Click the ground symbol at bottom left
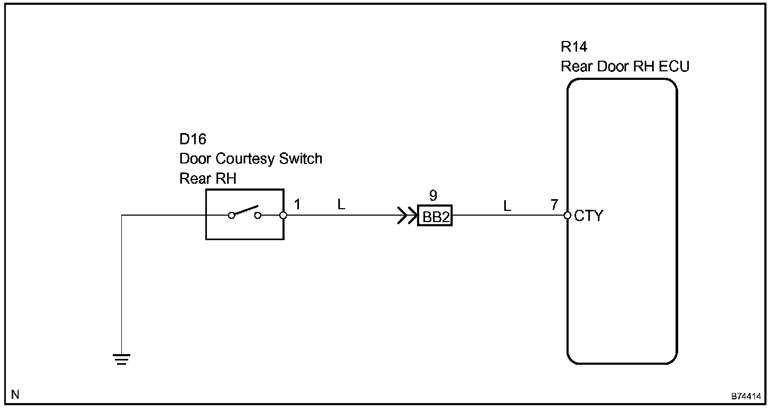click(x=122, y=359)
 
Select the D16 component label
click(x=193, y=140)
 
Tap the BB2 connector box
click(x=435, y=216)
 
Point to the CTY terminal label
click(x=589, y=216)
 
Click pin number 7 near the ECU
click(x=554, y=204)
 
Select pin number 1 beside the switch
click(x=297, y=204)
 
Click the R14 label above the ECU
click(x=574, y=47)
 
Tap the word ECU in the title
click(x=674, y=67)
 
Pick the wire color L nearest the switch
click(x=341, y=204)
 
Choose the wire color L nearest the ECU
click(x=507, y=206)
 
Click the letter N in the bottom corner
click(x=15, y=395)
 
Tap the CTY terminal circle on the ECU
click(x=568, y=216)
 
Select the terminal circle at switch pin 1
click(x=284, y=216)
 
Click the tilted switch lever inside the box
click(x=246, y=210)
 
